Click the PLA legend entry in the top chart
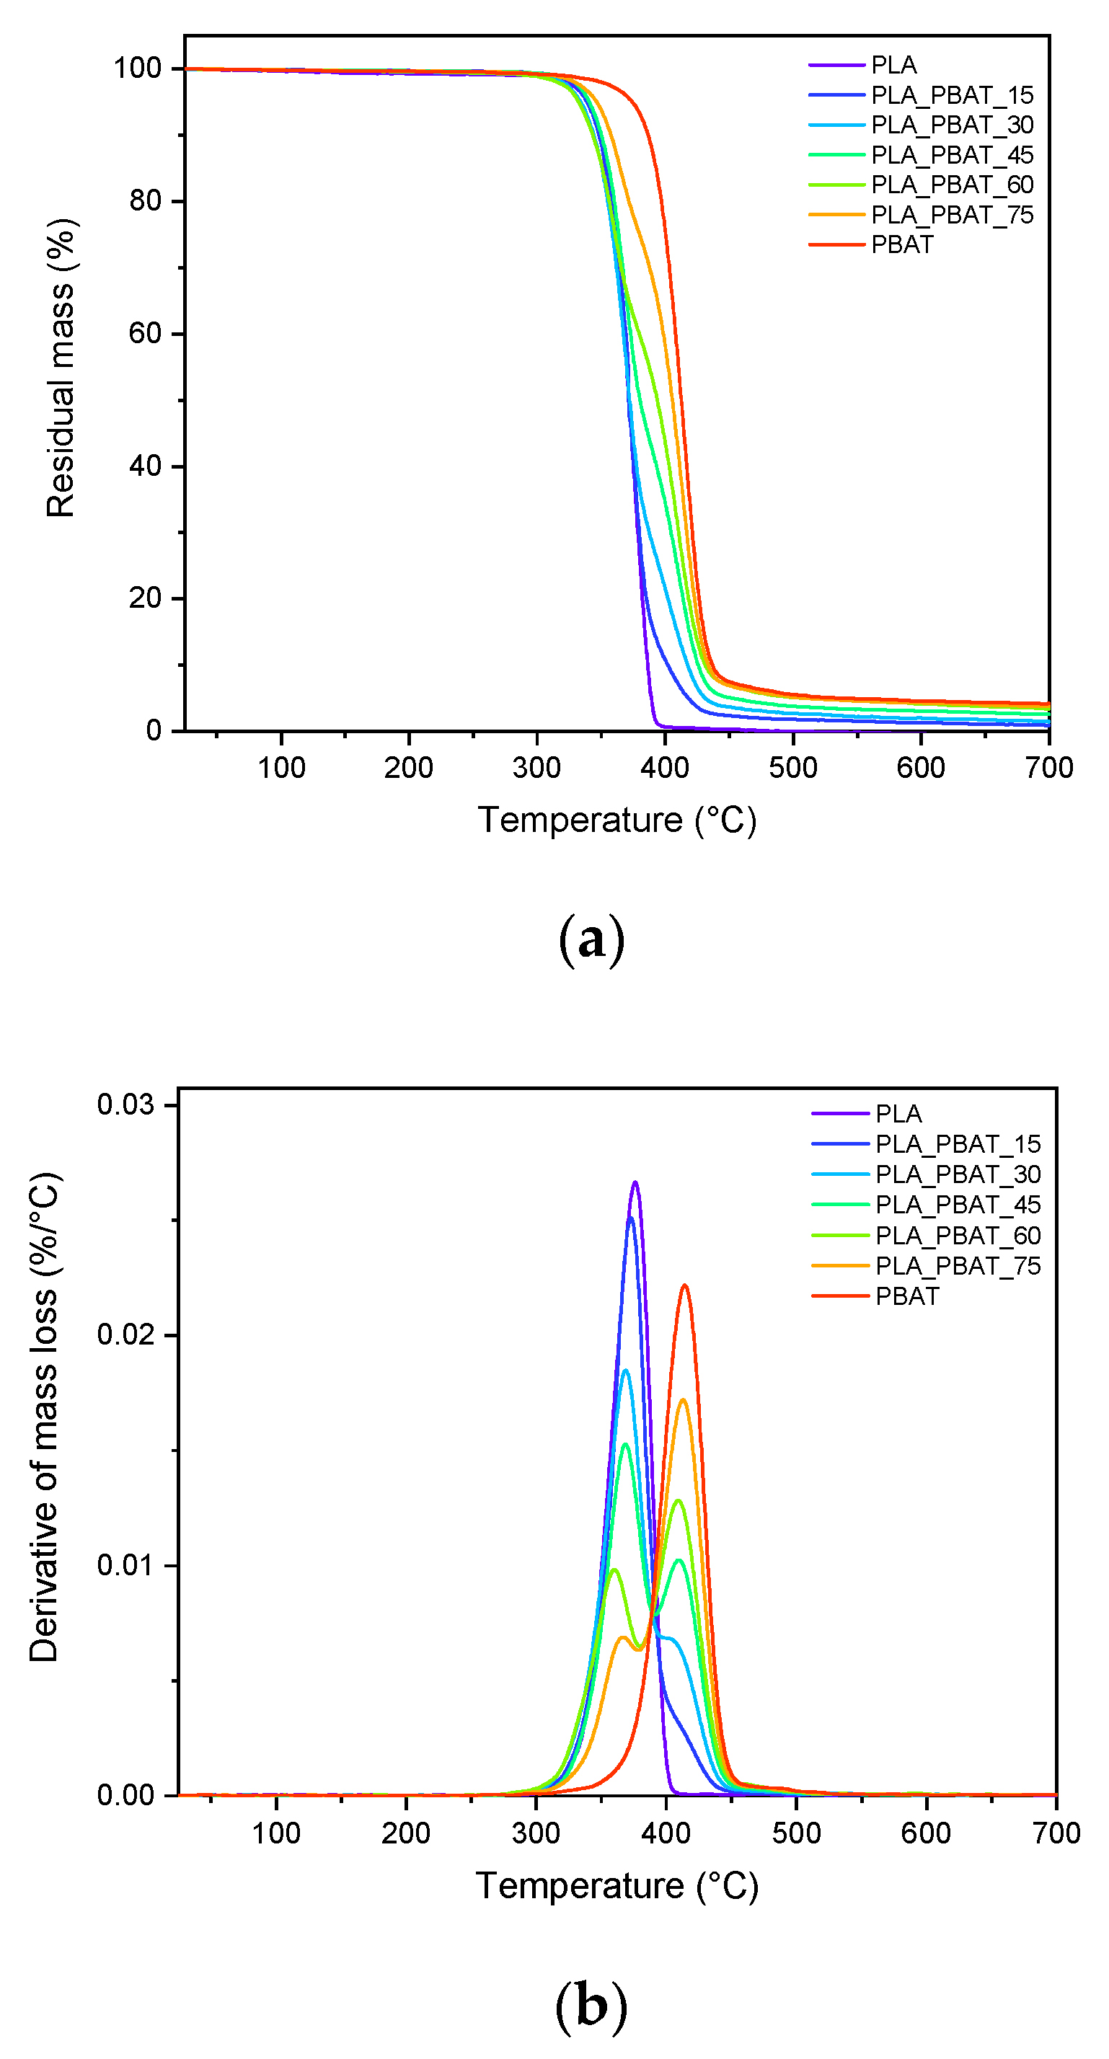click(x=893, y=65)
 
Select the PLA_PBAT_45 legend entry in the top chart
click(x=952, y=154)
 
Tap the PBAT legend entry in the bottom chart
click(x=906, y=1296)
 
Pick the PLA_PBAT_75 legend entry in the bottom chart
click(x=957, y=1265)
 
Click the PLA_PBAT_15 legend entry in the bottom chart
click(x=957, y=1144)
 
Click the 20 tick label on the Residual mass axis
click(x=145, y=598)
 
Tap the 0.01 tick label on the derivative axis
click(x=125, y=1565)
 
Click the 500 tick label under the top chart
click(x=792, y=768)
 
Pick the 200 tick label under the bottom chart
click(x=405, y=1833)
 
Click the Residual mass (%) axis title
click(x=61, y=368)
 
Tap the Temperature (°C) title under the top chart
click(x=617, y=820)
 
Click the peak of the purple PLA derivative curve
click(x=635, y=1182)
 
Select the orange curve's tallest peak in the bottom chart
click(x=683, y=1399)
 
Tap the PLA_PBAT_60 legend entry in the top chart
click(x=952, y=185)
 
